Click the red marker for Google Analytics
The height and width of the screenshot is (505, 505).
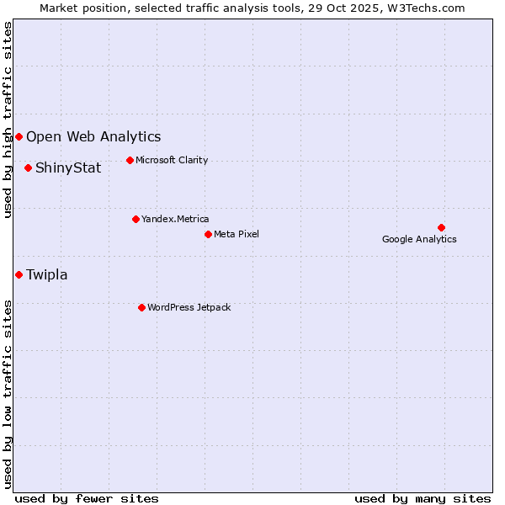point(441,227)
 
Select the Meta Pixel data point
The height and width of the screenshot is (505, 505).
point(208,234)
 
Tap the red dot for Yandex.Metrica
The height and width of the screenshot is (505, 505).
point(136,219)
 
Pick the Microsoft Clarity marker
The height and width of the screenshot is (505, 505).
point(130,160)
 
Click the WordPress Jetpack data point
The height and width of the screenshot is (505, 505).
point(141,307)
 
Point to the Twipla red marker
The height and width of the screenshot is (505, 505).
point(19,274)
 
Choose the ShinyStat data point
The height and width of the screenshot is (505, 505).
point(28,167)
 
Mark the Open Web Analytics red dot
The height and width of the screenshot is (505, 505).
point(19,136)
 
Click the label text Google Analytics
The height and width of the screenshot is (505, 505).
point(419,239)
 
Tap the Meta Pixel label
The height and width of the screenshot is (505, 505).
point(237,234)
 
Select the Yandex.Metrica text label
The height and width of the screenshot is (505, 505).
point(175,219)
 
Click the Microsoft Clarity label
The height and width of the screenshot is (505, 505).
point(172,160)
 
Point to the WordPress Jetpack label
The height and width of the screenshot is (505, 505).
point(189,307)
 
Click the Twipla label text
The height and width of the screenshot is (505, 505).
point(47,274)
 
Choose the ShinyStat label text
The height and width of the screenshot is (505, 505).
point(68,167)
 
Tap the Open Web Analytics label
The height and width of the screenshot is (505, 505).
point(93,136)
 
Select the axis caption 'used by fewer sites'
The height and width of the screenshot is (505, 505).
point(87,498)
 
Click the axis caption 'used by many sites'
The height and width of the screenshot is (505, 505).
point(423,498)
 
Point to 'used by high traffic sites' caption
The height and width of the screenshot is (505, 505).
point(8,120)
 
